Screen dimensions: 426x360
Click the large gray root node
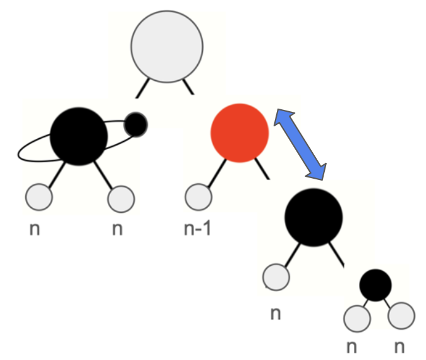pyautogui.click(x=167, y=47)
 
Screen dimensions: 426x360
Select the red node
pyautogui.click(x=240, y=133)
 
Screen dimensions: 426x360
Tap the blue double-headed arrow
pyautogui.click(x=300, y=145)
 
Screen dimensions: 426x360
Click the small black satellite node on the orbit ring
pyautogui.click(x=136, y=124)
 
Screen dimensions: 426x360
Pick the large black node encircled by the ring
pyautogui.click(x=79, y=136)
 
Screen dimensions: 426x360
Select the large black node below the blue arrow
pyautogui.click(x=313, y=217)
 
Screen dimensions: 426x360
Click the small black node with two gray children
pyautogui.click(x=375, y=285)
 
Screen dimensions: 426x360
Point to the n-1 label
pyautogui.click(x=197, y=229)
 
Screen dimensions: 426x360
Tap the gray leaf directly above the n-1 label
pyautogui.click(x=198, y=197)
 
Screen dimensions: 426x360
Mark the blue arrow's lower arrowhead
pyautogui.click(x=317, y=172)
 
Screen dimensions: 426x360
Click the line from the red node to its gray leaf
pyautogui.click(x=217, y=173)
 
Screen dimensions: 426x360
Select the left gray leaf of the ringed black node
pyautogui.click(x=39, y=197)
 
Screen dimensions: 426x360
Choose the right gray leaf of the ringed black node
pyautogui.click(x=121, y=199)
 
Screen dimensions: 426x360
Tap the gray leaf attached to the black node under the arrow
pyautogui.click(x=276, y=277)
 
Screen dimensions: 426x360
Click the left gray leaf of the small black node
pyautogui.click(x=357, y=318)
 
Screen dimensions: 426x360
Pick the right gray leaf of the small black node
pyautogui.click(x=401, y=316)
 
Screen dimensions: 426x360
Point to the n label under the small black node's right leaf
pyautogui.click(x=399, y=347)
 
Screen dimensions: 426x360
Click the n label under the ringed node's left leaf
pyautogui.click(x=35, y=229)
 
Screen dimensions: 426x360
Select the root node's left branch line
pyautogui.click(x=142, y=88)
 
